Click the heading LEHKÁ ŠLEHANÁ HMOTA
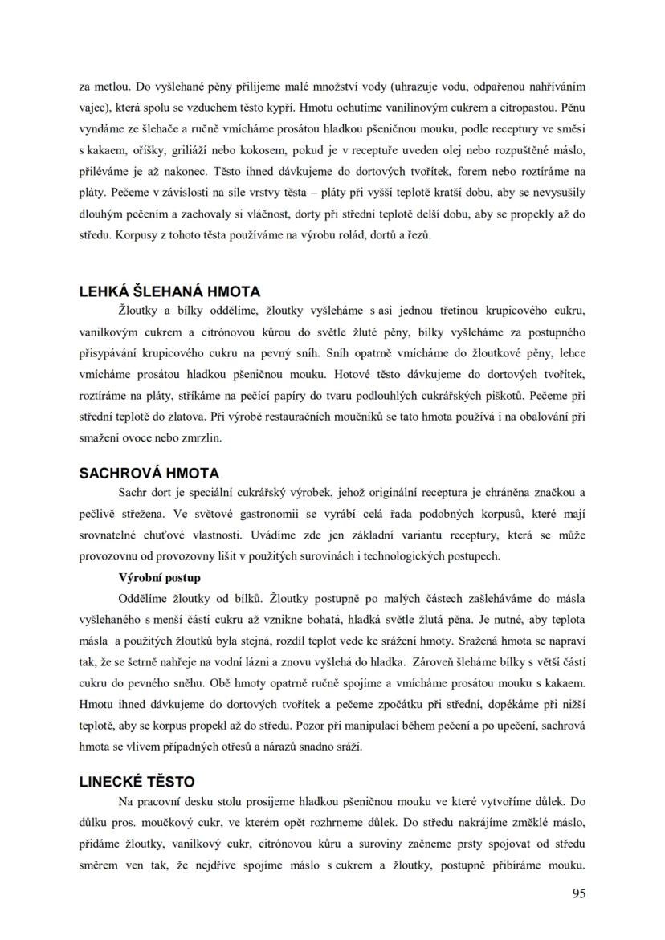click(x=169, y=291)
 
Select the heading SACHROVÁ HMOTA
click(x=149, y=474)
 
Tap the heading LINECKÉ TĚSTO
click(x=137, y=781)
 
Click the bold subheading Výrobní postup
click(x=159, y=577)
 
